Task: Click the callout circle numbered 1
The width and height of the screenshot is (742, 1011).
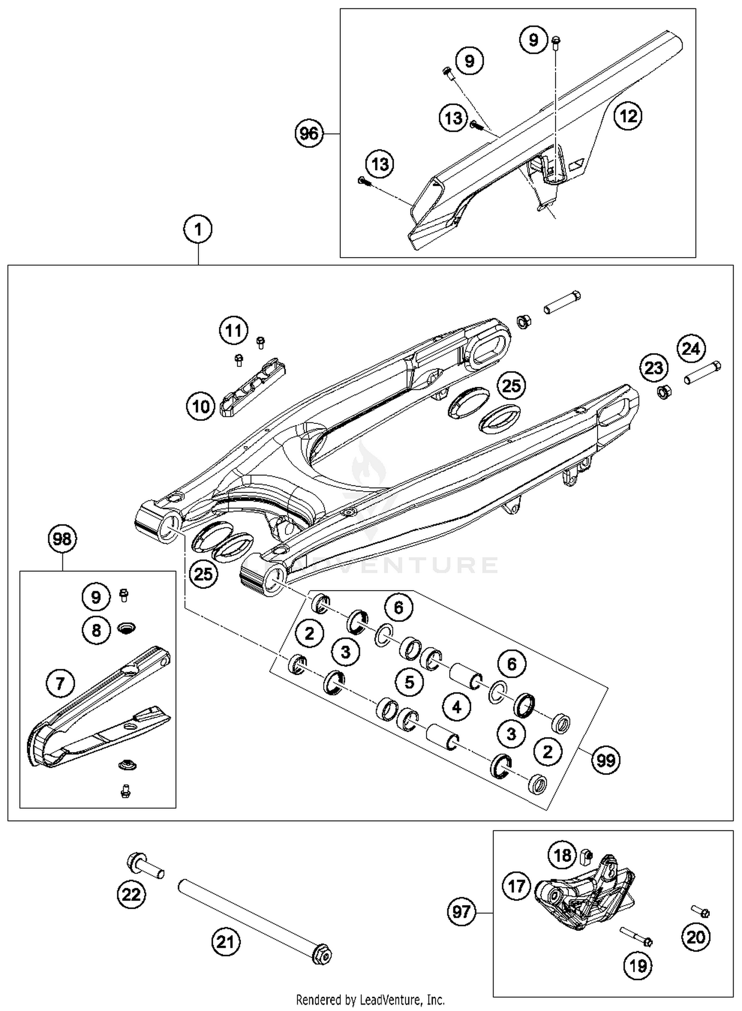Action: [x=198, y=230]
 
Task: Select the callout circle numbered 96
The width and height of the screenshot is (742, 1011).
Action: [x=309, y=134]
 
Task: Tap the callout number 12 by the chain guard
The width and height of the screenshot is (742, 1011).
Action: [x=628, y=116]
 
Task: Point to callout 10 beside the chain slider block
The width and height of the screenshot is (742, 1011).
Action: [x=201, y=407]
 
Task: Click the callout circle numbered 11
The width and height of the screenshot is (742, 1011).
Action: [x=233, y=330]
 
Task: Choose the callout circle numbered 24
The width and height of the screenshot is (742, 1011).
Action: [x=691, y=349]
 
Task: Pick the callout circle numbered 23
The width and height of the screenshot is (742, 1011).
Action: [x=654, y=368]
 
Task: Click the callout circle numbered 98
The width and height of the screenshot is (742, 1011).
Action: [x=62, y=539]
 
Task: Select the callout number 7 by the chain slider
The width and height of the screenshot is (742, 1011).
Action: [x=60, y=684]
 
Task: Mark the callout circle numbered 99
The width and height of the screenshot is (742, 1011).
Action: [x=606, y=760]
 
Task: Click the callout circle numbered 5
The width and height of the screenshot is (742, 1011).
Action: [x=409, y=682]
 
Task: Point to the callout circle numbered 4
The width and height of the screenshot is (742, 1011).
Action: [x=456, y=707]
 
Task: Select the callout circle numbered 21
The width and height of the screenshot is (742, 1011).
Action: [x=226, y=941]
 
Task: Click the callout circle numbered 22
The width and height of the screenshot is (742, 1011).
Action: [x=132, y=894]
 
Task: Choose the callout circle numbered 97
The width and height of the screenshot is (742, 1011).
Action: [x=461, y=912]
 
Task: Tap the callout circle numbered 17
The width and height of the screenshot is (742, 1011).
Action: [x=516, y=886]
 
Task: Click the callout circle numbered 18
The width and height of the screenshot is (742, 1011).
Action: [x=562, y=855]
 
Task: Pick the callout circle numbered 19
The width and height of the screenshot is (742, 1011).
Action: [x=638, y=965]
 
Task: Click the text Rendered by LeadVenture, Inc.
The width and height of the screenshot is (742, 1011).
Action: [x=371, y=1000]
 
